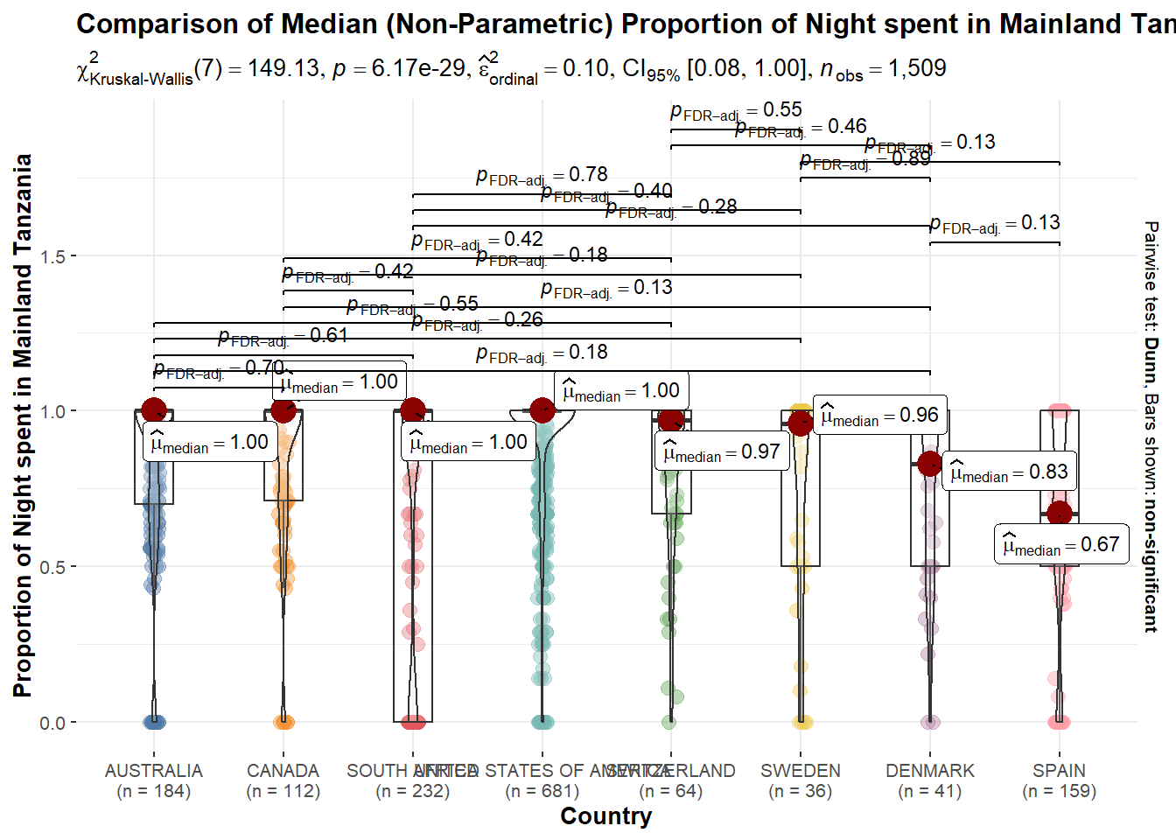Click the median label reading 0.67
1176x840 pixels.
tap(1060, 545)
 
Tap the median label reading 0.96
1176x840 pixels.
tap(879, 416)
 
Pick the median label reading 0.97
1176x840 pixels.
tap(721, 452)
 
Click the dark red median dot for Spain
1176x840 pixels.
tap(1060, 514)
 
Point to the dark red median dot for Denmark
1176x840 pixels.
tap(930, 464)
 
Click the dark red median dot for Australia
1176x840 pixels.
tap(154, 410)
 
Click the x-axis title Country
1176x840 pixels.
tap(606, 816)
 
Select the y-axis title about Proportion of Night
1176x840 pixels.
tap(23, 425)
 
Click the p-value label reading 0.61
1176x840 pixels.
tap(283, 336)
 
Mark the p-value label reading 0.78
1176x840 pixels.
tap(542, 176)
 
